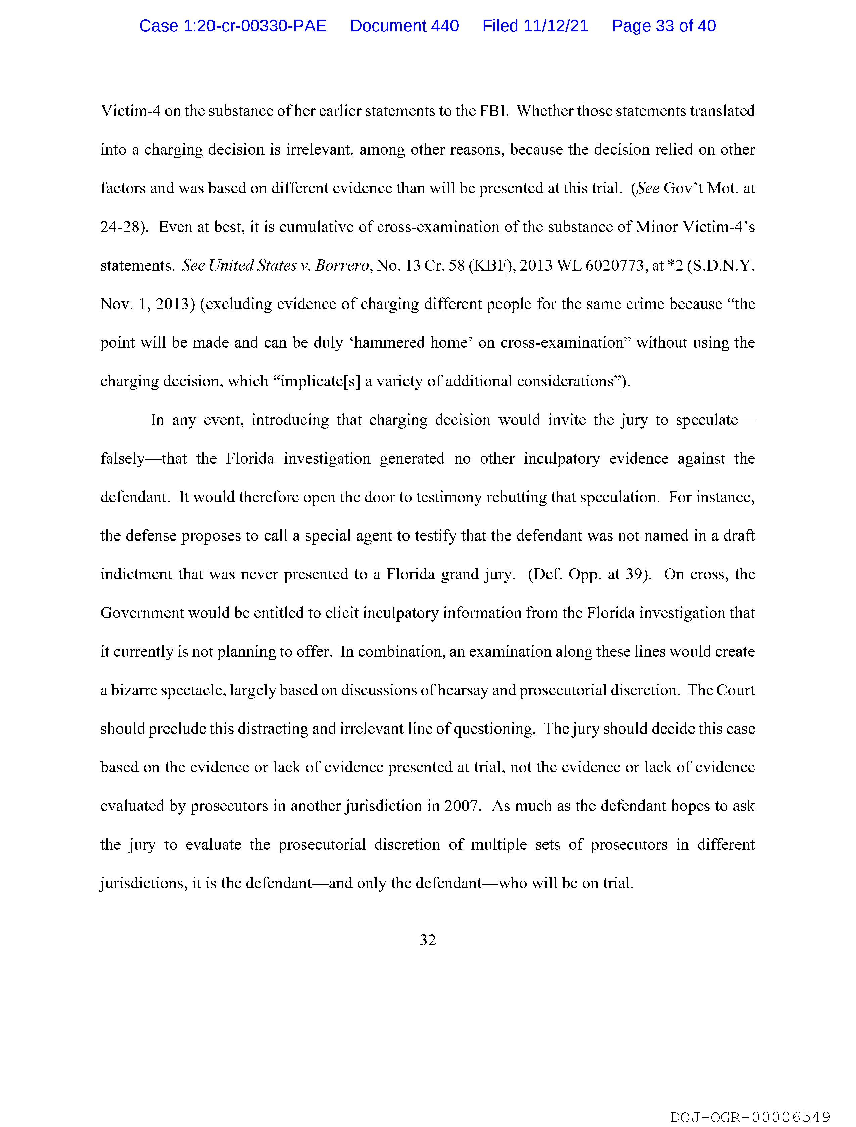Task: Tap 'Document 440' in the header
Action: (404, 26)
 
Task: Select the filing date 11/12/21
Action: (556, 26)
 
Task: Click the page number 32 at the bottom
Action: (427, 940)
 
